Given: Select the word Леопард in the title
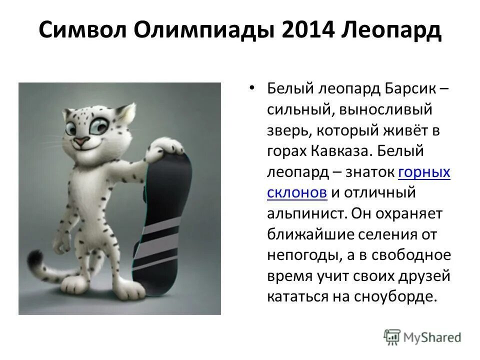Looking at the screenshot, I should [392, 31].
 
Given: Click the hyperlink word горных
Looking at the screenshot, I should [424, 173].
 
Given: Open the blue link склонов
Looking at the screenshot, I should [297, 193].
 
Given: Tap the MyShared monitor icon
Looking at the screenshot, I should [391, 337].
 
